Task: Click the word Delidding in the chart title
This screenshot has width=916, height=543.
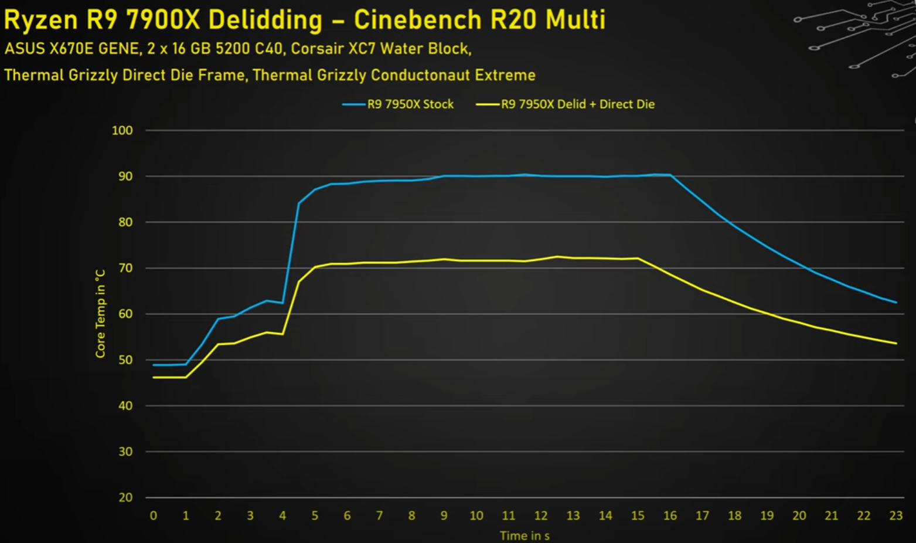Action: [265, 20]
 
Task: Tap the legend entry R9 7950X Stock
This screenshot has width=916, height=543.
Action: [410, 104]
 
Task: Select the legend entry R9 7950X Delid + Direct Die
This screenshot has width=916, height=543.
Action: [577, 104]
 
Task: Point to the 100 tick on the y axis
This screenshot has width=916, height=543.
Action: [122, 130]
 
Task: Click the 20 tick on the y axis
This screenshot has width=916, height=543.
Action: [125, 497]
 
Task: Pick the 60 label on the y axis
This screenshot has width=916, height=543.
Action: [125, 314]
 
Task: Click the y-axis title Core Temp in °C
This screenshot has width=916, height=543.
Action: [100, 314]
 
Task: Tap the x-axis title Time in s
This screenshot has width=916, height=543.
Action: [525, 535]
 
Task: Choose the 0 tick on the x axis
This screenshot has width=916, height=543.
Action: [154, 515]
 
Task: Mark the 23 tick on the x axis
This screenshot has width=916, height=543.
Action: [896, 515]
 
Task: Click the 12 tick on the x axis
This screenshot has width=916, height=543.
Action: [541, 515]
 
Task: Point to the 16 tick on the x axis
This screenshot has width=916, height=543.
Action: [670, 515]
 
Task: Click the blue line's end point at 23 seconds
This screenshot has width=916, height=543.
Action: [896, 303]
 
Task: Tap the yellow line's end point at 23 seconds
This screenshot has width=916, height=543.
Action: [896, 343]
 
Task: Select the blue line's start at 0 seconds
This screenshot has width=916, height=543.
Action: [154, 365]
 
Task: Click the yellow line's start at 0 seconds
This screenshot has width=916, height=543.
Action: [154, 377]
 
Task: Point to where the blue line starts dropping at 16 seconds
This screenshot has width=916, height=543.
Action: [670, 175]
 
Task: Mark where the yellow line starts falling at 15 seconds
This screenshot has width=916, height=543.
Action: [638, 258]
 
